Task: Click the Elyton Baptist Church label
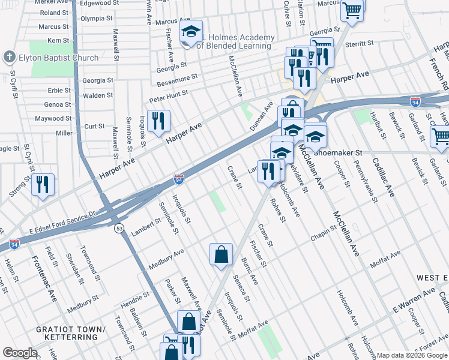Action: pyautogui.click(x=58, y=58)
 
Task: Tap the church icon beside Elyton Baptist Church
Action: pyautogui.click(x=9, y=58)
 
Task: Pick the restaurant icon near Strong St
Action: pyautogui.click(x=43, y=185)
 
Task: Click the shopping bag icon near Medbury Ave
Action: pyautogui.click(x=221, y=254)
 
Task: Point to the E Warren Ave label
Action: pyautogui.click(x=414, y=300)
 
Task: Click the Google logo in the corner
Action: pyautogui.click(x=20, y=353)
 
